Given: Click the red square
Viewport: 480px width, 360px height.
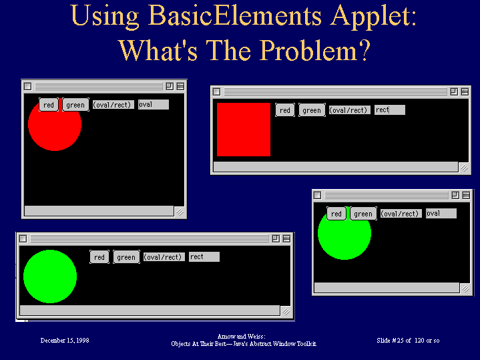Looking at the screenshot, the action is tap(244, 130).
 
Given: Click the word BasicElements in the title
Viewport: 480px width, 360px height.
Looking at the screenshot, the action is tap(236, 15).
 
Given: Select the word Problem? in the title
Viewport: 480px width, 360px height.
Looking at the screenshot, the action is tap(316, 50).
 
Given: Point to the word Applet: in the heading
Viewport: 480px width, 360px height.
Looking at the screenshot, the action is tap(373, 17).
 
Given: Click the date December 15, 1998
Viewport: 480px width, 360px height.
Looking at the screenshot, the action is tap(65, 341).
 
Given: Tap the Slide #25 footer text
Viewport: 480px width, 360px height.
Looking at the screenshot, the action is tap(408, 341).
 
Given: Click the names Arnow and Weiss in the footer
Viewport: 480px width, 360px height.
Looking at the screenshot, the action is tap(241, 337).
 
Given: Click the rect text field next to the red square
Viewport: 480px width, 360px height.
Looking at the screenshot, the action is tap(390, 110).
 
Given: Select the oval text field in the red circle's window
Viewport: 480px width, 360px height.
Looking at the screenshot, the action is tap(154, 104).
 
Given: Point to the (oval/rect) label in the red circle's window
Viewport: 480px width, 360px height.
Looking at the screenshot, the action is tap(113, 105).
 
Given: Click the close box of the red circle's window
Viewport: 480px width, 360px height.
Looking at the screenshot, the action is tap(28, 86).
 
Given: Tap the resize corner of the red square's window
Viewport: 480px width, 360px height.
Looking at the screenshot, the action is tap(465, 168).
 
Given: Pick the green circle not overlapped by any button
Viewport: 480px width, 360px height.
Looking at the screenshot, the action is tap(50, 277).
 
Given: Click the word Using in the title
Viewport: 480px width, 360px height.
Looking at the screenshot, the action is tap(105, 17).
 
